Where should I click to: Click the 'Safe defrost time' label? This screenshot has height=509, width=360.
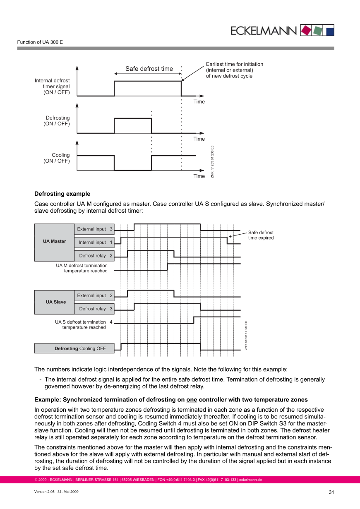[x=149, y=69]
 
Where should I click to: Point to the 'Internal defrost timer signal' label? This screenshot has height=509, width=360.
[x=52, y=86]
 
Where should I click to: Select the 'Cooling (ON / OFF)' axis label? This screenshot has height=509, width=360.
[x=57, y=158]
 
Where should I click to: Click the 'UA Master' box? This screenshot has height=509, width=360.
[x=54, y=242]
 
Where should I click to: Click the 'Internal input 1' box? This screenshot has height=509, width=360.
[x=94, y=242]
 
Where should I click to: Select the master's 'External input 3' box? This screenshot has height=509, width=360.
[x=94, y=229]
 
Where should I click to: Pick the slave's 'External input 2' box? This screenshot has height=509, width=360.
[x=94, y=295]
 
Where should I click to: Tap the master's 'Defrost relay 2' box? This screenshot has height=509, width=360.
[x=94, y=256]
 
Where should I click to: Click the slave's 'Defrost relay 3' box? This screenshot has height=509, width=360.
[x=94, y=309]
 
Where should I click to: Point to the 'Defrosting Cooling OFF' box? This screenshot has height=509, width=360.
[x=74, y=348]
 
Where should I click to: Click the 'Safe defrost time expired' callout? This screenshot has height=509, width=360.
[x=261, y=235]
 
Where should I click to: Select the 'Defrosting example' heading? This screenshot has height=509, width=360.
[x=62, y=194]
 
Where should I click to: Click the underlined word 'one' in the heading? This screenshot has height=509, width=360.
[x=192, y=400]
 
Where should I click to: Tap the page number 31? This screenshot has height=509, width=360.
[x=331, y=492]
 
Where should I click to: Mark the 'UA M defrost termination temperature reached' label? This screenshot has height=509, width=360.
[x=82, y=268]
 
